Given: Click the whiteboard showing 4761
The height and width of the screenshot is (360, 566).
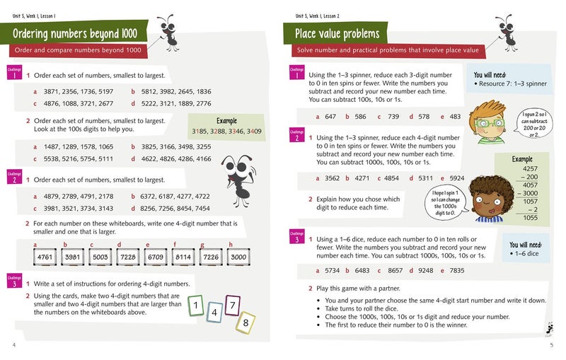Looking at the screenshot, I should point(45,257).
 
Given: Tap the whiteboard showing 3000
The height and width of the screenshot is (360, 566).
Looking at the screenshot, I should point(239,257).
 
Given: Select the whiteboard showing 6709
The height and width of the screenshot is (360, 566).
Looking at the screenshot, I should point(156,257).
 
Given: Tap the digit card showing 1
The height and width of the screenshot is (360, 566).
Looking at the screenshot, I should point(195,306).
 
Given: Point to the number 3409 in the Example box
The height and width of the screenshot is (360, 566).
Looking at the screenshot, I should point(253,132).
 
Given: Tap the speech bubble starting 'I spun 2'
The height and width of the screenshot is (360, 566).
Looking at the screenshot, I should point(531,124).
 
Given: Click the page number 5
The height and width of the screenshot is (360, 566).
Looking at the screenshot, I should point(551,346).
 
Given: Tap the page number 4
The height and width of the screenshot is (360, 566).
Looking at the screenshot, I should point(14,346).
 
